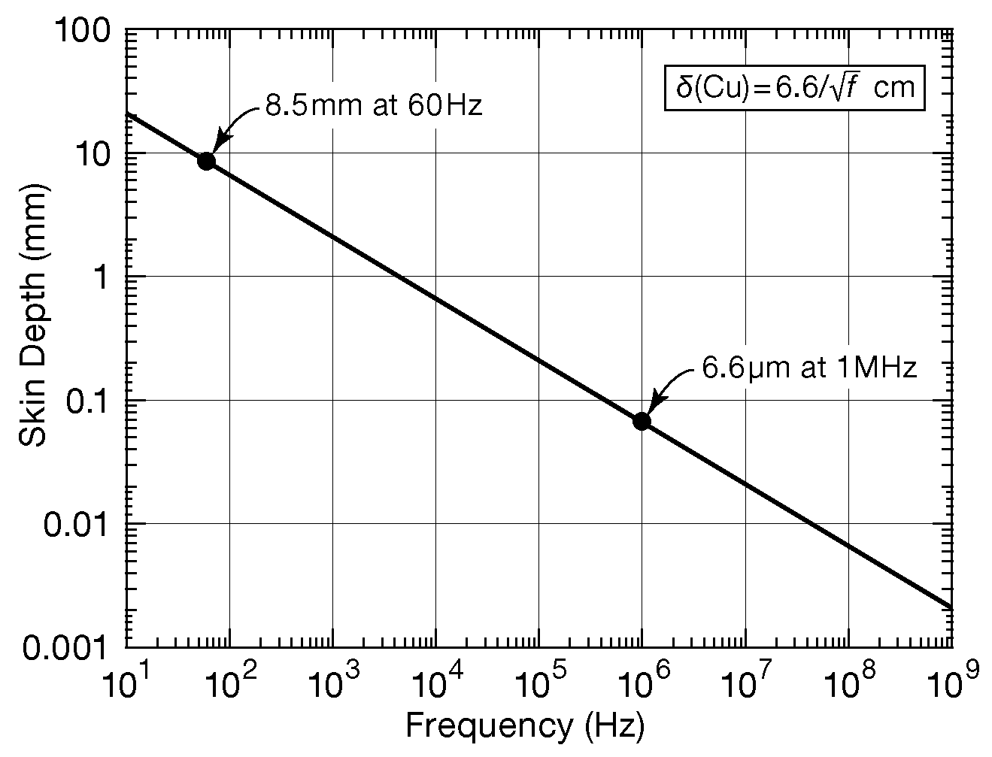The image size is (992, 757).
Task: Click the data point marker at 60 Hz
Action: coord(206,161)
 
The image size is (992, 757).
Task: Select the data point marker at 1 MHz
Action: coord(642,421)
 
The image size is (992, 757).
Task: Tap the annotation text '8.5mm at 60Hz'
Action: coord(373,105)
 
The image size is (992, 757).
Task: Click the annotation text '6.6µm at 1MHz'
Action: coord(809,368)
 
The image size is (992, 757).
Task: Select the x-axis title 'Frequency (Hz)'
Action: coord(525,726)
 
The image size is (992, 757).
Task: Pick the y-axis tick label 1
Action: coord(105,277)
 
